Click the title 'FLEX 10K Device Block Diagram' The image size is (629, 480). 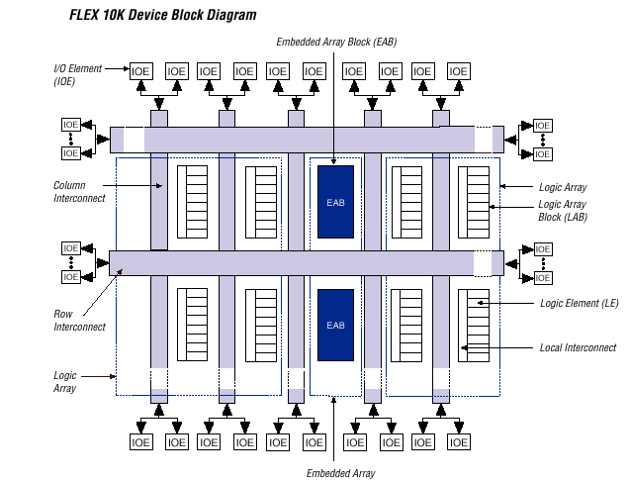162,15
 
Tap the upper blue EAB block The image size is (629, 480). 335,202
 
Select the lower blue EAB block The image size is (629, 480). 335,326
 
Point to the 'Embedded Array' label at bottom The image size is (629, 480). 341,472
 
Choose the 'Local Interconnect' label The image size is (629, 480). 579,347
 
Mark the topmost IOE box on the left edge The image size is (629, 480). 70,125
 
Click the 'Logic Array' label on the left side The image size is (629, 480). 66,382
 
